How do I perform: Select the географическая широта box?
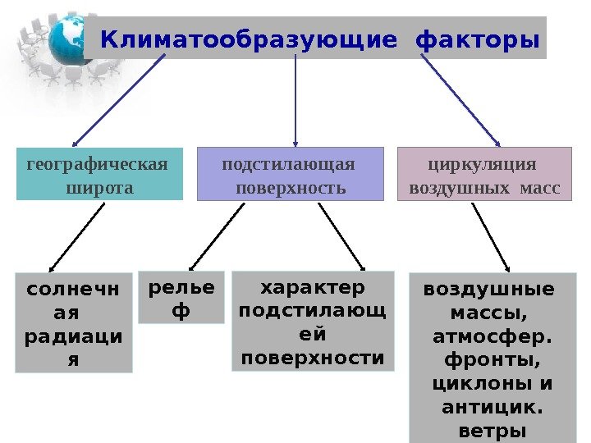tap(98, 175)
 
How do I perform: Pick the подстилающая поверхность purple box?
tap(290, 174)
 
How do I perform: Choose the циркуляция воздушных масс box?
tap(483, 174)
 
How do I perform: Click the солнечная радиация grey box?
tap(74, 323)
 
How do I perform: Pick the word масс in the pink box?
tap(541, 188)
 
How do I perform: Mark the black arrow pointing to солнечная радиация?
tap(77, 236)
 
